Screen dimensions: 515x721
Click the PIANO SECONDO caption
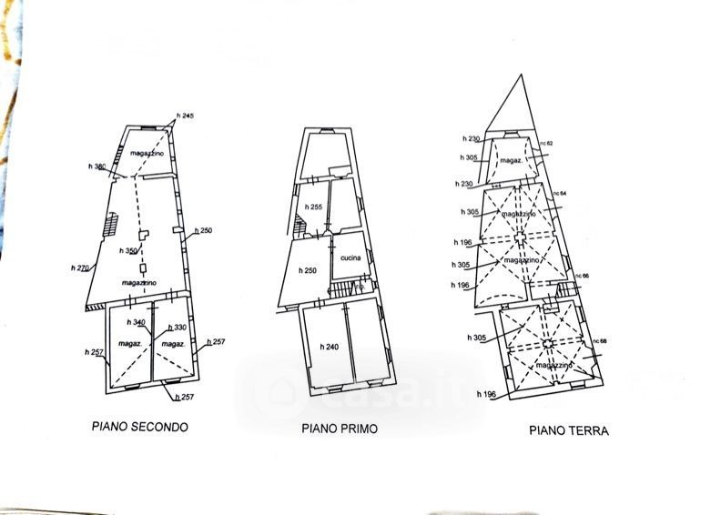pos(139,426)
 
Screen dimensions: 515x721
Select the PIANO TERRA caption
pos(569,430)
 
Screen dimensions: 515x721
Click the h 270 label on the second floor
pos(80,268)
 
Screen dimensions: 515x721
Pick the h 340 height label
pos(137,323)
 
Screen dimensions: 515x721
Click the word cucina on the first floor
pos(350,258)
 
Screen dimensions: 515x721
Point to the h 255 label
pos(314,207)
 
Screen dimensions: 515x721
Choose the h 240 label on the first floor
pos(329,347)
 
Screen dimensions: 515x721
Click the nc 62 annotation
pos(546,144)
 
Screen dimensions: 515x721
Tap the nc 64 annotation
pos(559,193)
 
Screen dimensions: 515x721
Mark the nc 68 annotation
pos(598,340)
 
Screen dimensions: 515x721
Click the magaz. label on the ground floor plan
pos(511,160)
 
